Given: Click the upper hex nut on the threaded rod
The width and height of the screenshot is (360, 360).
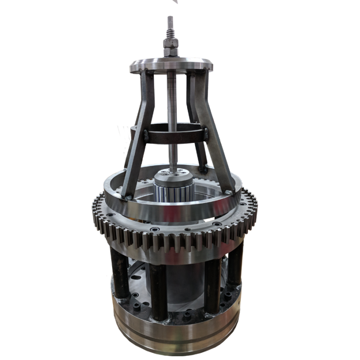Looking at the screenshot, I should click(170, 43).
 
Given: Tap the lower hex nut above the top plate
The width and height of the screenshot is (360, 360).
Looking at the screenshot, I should click(170, 52).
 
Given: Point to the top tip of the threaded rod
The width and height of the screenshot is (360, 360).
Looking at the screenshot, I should click(170, 17).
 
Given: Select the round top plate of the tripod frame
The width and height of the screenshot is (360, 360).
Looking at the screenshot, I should click(171, 64).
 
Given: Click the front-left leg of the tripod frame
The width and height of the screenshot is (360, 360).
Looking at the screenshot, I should click(136, 136).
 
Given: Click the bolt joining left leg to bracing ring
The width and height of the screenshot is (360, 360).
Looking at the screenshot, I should click(146, 136).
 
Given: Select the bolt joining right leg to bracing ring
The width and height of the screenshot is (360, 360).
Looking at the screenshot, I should click(205, 135).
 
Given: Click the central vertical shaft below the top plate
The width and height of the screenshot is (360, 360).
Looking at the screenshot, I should click(172, 117).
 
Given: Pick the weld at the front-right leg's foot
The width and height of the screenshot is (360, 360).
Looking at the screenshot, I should click(228, 192).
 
